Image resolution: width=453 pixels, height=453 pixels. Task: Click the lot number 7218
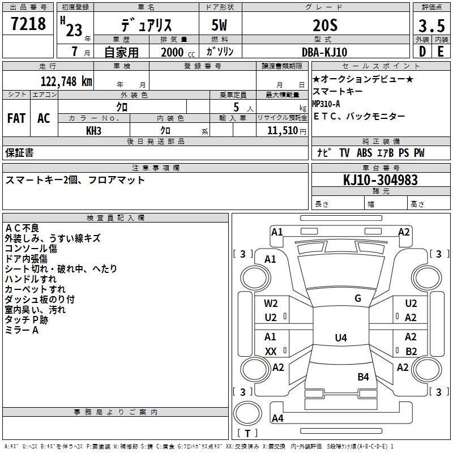pyautogui.click(x=28, y=23)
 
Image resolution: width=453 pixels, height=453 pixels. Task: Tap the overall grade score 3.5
pyautogui.click(x=431, y=25)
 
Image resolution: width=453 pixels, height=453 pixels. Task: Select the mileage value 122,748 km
pyautogui.click(x=66, y=82)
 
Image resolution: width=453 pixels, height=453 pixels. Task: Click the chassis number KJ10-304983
pyautogui.click(x=381, y=180)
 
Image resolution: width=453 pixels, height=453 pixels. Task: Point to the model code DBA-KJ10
pyautogui.click(x=324, y=52)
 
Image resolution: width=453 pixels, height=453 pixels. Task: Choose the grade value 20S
pyautogui.click(x=325, y=25)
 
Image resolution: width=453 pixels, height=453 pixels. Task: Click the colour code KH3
pyautogui.click(x=93, y=131)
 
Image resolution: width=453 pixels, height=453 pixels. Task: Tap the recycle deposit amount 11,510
pyautogui.click(x=283, y=131)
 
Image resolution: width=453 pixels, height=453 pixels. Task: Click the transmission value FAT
pyautogui.click(x=16, y=118)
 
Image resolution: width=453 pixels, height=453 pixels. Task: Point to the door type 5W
pyautogui.click(x=219, y=25)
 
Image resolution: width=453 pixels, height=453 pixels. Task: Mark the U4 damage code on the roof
pyautogui.click(x=341, y=337)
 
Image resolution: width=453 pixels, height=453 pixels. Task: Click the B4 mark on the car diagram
pyautogui.click(x=363, y=377)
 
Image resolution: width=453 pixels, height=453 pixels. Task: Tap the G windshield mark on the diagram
pyautogui.click(x=358, y=298)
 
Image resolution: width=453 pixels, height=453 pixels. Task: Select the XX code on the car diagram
pyautogui.click(x=271, y=351)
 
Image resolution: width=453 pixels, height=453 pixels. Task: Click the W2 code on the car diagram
pyautogui.click(x=271, y=304)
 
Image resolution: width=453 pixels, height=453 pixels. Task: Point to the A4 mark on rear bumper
pyautogui.click(x=277, y=418)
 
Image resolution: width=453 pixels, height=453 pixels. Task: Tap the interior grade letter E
pyautogui.click(x=441, y=52)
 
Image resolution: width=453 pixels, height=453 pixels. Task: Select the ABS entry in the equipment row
pyautogui.click(x=364, y=152)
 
